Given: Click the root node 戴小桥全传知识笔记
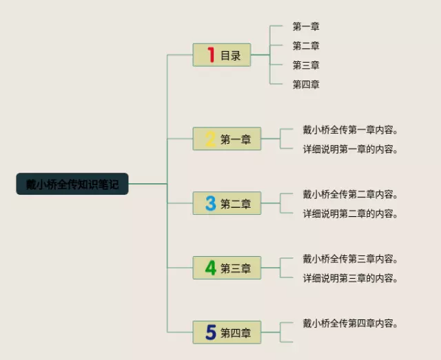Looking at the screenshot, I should (72, 184).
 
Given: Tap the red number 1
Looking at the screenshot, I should (211, 55).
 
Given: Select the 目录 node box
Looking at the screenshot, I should (222, 55).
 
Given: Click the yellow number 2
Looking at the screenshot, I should (210, 140).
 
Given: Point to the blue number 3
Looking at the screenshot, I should (210, 203).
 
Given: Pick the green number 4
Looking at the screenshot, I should (210, 268).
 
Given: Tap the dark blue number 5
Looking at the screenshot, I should (210, 332).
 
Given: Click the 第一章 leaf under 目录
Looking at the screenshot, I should (306, 27).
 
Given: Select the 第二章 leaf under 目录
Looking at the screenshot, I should (306, 46).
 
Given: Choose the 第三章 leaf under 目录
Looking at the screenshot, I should (306, 65).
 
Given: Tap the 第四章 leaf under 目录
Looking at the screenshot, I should (306, 85).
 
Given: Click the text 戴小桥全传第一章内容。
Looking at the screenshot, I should (351, 129).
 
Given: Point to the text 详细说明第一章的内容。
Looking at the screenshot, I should (351, 149).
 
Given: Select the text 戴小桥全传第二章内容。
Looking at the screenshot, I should (351, 194).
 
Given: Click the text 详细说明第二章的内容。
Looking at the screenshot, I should (351, 213).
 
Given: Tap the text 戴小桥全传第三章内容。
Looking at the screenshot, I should (351, 259).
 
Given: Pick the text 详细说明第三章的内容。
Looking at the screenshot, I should (351, 278).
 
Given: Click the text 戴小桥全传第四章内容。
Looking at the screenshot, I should (351, 323).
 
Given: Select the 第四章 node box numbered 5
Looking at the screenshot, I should (227, 332).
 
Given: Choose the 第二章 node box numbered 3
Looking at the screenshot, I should (227, 203).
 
